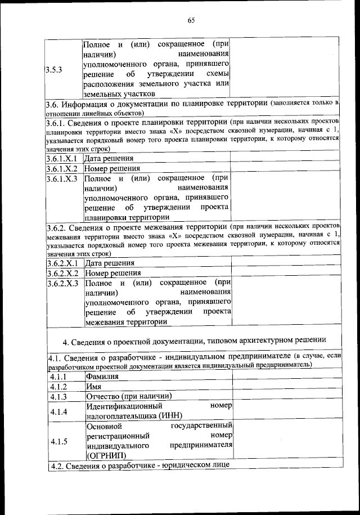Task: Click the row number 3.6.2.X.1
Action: point(62,263)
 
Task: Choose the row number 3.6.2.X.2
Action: point(62,273)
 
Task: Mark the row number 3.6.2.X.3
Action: point(62,283)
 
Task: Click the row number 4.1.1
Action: point(58,377)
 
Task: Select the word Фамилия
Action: point(102,377)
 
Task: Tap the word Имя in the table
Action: point(93,387)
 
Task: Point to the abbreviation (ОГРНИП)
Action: point(106,456)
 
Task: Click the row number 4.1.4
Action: point(58,411)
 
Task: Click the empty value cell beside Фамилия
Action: point(286,377)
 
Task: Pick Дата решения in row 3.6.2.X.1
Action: point(110,263)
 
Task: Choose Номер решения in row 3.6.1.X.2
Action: point(112,168)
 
